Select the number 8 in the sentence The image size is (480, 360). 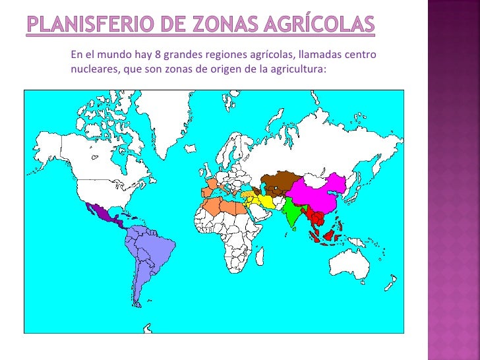coord(154,55)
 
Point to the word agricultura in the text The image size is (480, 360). coord(299,69)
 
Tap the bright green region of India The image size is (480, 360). coord(294,211)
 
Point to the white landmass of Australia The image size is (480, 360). coord(350,264)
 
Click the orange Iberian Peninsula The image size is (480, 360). coord(208,191)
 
